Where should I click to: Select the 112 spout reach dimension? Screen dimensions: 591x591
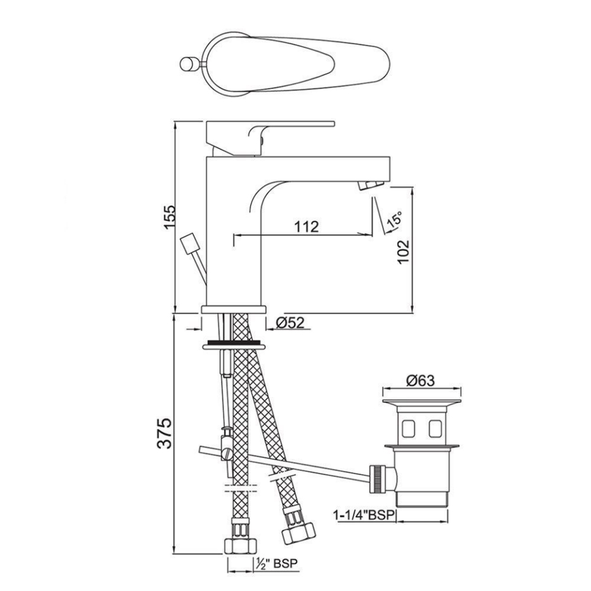(306, 227)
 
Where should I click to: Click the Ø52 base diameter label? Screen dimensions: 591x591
(289, 323)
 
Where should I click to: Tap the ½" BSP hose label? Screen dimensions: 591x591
(279, 563)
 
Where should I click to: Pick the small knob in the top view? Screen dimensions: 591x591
(188, 63)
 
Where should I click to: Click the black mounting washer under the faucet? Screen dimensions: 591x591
(234, 341)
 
